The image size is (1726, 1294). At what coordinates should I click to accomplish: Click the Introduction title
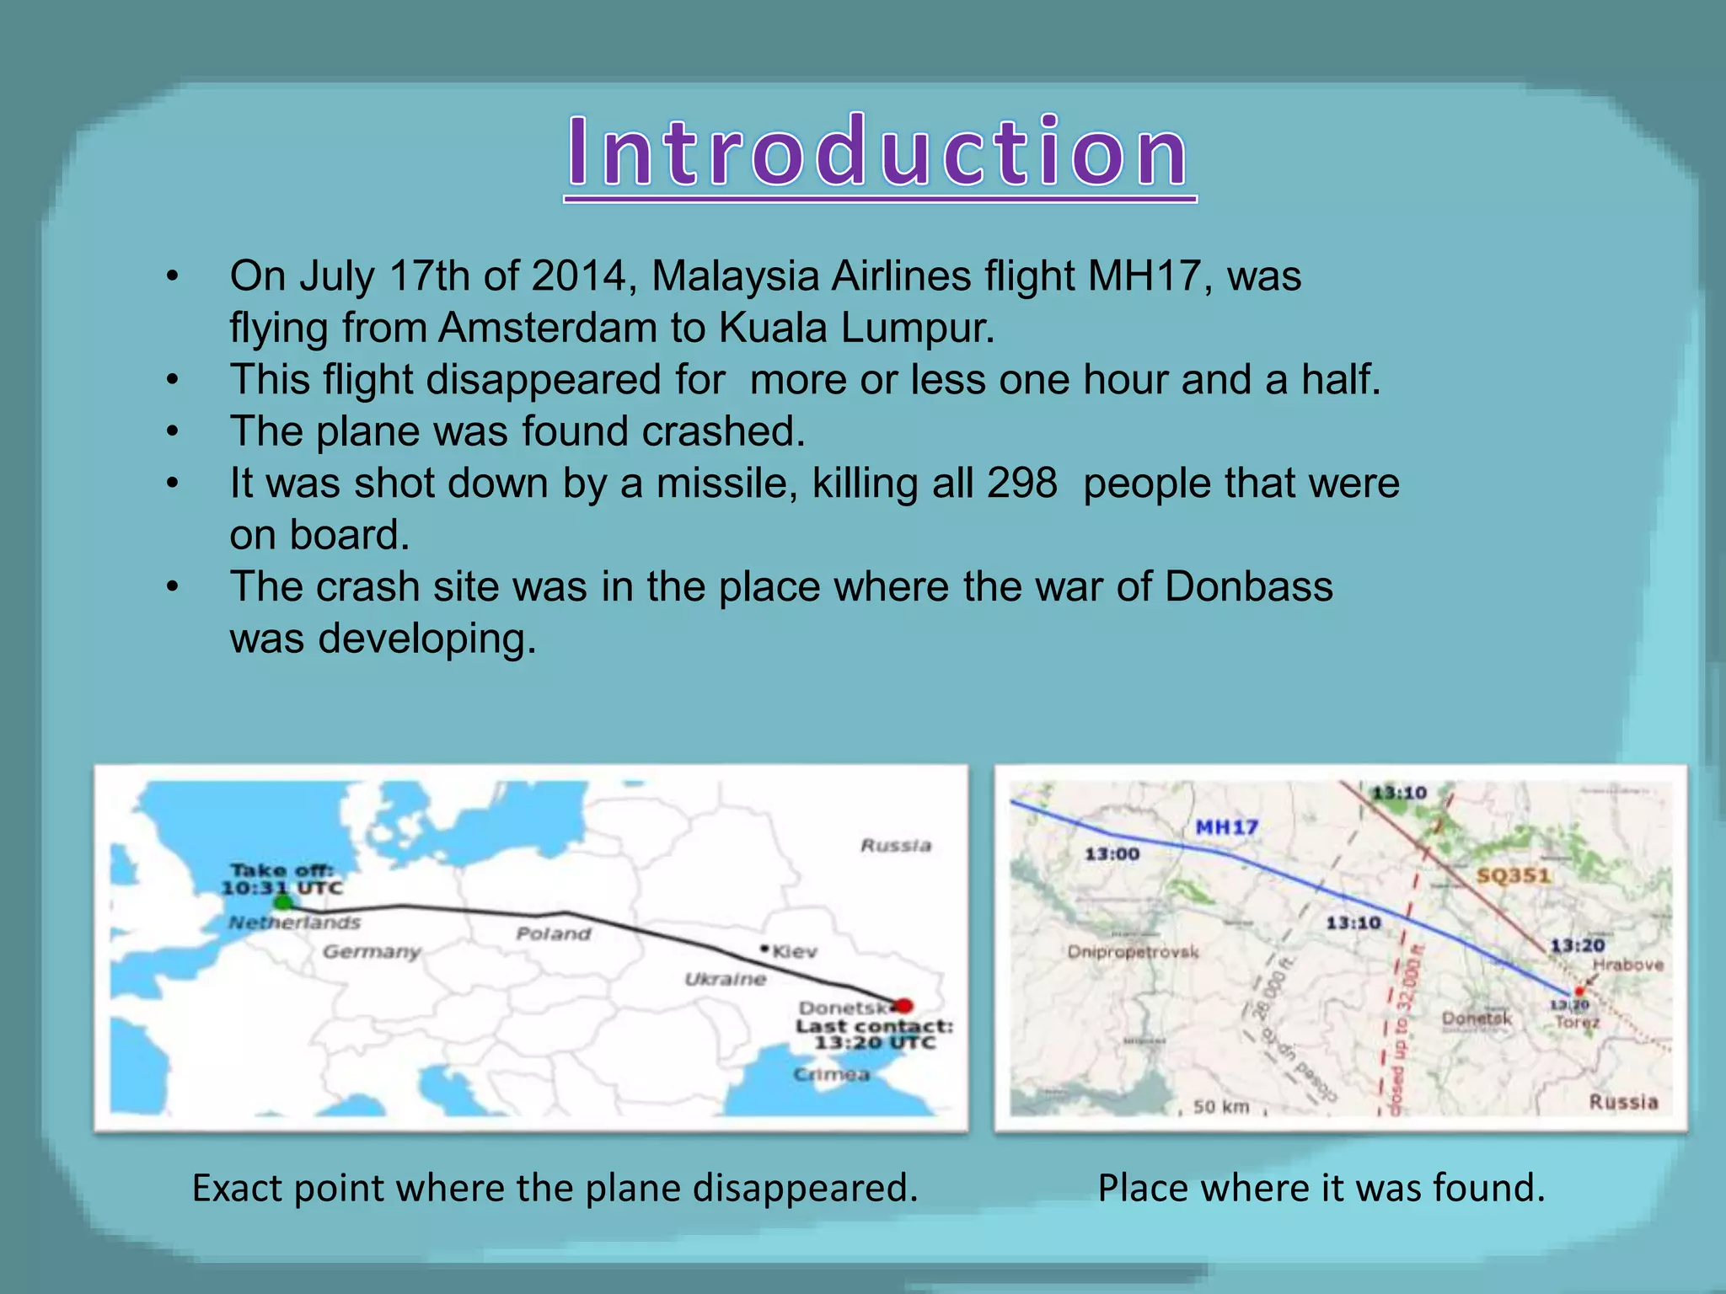tap(879, 152)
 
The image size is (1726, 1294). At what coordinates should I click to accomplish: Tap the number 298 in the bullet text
tap(1021, 484)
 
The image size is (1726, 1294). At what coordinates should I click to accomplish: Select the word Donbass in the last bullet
tap(1248, 587)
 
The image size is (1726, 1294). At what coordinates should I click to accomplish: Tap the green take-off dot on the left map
tap(284, 902)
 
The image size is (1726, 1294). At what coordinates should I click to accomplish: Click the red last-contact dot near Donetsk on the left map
tap(903, 1005)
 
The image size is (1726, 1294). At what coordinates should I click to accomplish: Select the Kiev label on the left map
tap(794, 951)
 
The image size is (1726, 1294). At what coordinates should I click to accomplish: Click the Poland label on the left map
tap(554, 933)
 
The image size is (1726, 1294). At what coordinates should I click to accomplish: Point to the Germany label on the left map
tap(372, 952)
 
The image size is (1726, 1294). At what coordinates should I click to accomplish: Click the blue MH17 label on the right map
tap(1226, 827)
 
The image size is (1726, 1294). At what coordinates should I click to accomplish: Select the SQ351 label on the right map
tap(1513, 875)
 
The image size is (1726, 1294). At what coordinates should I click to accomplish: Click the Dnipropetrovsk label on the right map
tap(1133, 952)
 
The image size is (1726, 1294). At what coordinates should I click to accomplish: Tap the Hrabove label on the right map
tap(1627, 965)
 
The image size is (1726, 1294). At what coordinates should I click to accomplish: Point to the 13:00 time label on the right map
tap(1112, 854)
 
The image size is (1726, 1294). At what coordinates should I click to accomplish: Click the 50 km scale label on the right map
tap(1220, 1106)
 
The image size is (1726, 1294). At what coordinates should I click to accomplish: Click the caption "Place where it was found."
tap(1321, 1188)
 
